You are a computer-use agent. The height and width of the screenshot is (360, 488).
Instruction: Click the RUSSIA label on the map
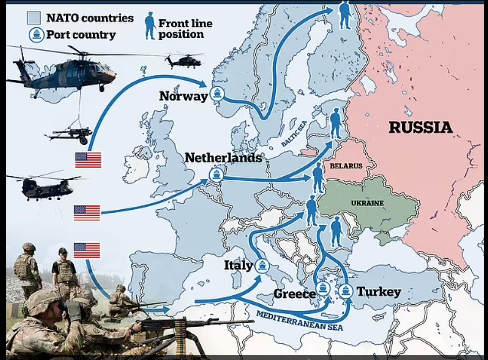[420, 128]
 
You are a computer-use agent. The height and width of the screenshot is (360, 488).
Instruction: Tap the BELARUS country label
[346, 166]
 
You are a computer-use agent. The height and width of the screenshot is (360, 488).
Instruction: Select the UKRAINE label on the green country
[367, 203]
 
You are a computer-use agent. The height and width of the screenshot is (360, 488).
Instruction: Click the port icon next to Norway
[217, 93]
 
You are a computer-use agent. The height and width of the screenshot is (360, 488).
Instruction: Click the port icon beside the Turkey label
[345, 291]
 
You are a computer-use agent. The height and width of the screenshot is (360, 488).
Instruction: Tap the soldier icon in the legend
[150, 26]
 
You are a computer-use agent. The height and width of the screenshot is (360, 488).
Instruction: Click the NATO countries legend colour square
[34, 18]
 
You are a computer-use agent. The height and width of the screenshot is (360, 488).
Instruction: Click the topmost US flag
[88, 160]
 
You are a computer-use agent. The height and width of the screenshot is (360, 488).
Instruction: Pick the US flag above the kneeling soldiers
[87, 250]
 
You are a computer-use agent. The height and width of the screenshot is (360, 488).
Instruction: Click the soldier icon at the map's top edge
[345, 15]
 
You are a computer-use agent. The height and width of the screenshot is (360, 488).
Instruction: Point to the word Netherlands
[223, 157]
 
